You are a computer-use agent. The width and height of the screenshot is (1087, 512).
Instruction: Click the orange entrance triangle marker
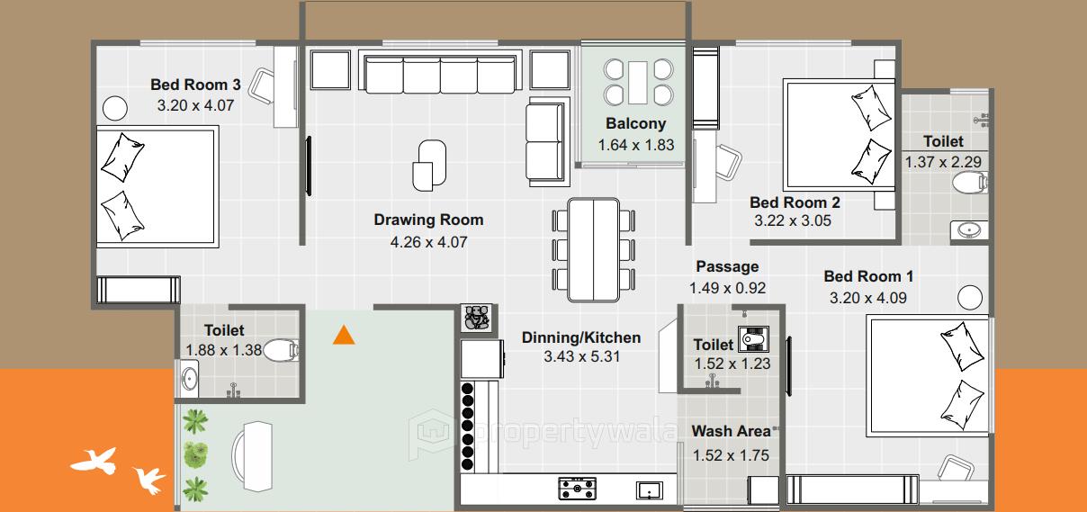[x=343, y=336]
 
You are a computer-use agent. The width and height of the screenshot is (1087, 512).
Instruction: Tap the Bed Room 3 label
[x=195, y=85]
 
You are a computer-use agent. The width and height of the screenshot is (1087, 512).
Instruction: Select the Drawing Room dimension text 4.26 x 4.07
[x=428, y=241]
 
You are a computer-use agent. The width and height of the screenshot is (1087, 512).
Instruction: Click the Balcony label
[x=635, y=124]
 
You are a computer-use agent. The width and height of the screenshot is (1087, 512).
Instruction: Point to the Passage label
[x=727, y=266]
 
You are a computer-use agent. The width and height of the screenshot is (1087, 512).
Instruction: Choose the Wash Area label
[x=731, y=431]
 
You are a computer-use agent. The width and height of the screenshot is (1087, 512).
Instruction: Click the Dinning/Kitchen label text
[x=581, y=337]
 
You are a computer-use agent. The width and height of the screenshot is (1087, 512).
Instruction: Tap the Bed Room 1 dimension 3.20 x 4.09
[x=868, y=298]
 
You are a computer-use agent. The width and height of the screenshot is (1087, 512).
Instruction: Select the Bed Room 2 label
[x=795, y=202]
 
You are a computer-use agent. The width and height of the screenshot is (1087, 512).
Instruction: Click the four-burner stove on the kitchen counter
[x=578, y=489]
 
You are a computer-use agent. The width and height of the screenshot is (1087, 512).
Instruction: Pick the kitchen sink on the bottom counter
[x=649, y=490]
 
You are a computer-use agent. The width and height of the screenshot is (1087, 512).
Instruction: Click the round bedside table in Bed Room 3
[x=114, y=108]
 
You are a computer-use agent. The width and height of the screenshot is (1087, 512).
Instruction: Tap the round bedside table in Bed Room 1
[x=971, y=297]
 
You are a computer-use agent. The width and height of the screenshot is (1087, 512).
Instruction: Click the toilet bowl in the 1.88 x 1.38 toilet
[x=281, y=349]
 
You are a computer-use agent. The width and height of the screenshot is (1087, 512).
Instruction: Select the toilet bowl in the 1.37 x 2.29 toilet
[x=968, y=184]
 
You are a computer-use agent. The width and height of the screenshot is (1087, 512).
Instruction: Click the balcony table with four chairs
[x=638, y=82]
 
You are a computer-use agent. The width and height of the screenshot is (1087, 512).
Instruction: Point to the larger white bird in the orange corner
[x=94, y=461]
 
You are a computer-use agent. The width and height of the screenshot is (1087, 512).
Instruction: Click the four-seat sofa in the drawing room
[x=440, y=72]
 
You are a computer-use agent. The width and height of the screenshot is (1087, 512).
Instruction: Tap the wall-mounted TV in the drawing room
[x=309, y=166]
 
